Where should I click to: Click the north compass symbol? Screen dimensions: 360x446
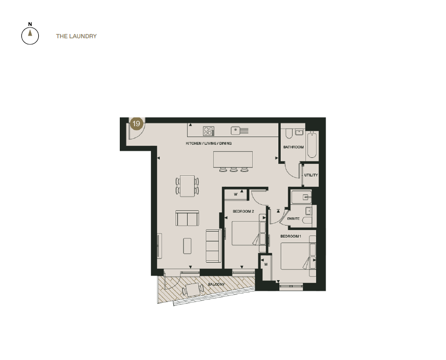click(x=30, y=35)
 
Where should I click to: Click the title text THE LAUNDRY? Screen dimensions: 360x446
click(x=76, y=37)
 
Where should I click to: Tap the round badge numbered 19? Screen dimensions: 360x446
click(x=136, y=124)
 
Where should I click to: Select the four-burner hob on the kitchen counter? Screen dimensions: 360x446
click(x=208, y=131)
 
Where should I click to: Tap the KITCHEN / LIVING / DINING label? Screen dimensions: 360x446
click(x=208, y=144)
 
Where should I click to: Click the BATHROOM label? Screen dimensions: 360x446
click(x=293, y=147)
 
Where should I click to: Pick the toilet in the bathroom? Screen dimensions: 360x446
click(x=288, y=133)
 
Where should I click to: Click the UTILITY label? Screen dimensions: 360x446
click(x=310, y=175)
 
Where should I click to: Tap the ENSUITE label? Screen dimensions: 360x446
click(x=293, y=218)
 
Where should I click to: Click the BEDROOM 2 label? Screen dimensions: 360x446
click(x=243, y=211)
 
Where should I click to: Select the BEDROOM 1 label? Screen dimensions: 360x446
click(x=291, y=237)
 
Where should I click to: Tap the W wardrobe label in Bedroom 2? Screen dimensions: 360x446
click(x=236, y=194)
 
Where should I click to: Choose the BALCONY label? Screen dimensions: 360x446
click(x=216, y=284)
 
